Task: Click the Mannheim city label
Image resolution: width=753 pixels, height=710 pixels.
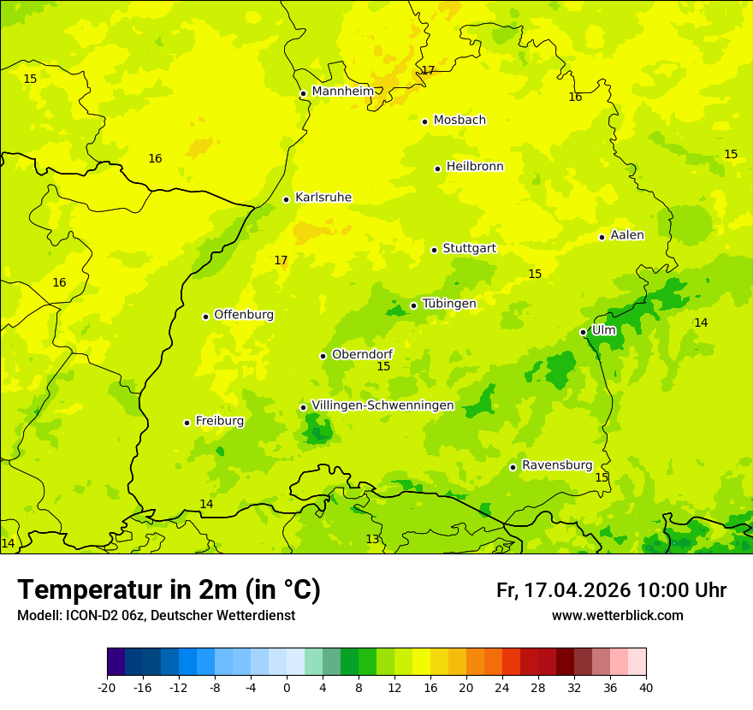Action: (x=343, y=92)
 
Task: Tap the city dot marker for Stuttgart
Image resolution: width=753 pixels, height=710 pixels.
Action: (x=434, y=250)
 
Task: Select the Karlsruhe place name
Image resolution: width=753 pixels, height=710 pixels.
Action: (x=323, y=198)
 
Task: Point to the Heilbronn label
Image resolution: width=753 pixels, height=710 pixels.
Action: (x=475, y=167)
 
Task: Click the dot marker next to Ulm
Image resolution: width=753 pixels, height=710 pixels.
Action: (x=583, y=332)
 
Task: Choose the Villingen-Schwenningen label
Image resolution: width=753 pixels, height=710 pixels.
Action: (x=382, y=405)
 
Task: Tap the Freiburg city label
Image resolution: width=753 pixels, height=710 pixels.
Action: (x=220, y=421)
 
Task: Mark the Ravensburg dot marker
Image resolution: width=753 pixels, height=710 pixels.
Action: (x=513, y=467)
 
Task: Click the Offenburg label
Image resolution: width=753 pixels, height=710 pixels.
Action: (x=244, y=315)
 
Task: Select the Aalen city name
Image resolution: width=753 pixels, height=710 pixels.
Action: (x=627, y=235)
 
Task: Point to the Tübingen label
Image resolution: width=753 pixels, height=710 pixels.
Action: (x=449, y=304)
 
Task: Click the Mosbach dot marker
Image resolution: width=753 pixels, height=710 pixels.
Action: (x=424, y=121)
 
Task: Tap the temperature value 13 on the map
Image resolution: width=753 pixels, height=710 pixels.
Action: (x=372, y=539)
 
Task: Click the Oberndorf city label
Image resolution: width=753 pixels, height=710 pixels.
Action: (x=363, y=354)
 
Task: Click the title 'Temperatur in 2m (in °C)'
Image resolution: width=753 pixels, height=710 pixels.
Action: (x=169, y=590)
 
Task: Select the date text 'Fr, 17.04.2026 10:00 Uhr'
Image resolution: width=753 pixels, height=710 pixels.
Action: (x=611, y=591)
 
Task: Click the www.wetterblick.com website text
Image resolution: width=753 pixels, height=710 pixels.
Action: (x=617, y=616)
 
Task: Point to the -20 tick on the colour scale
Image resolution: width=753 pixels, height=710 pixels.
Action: (x=107, y=687)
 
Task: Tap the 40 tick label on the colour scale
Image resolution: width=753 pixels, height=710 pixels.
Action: (x=645, y=687)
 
